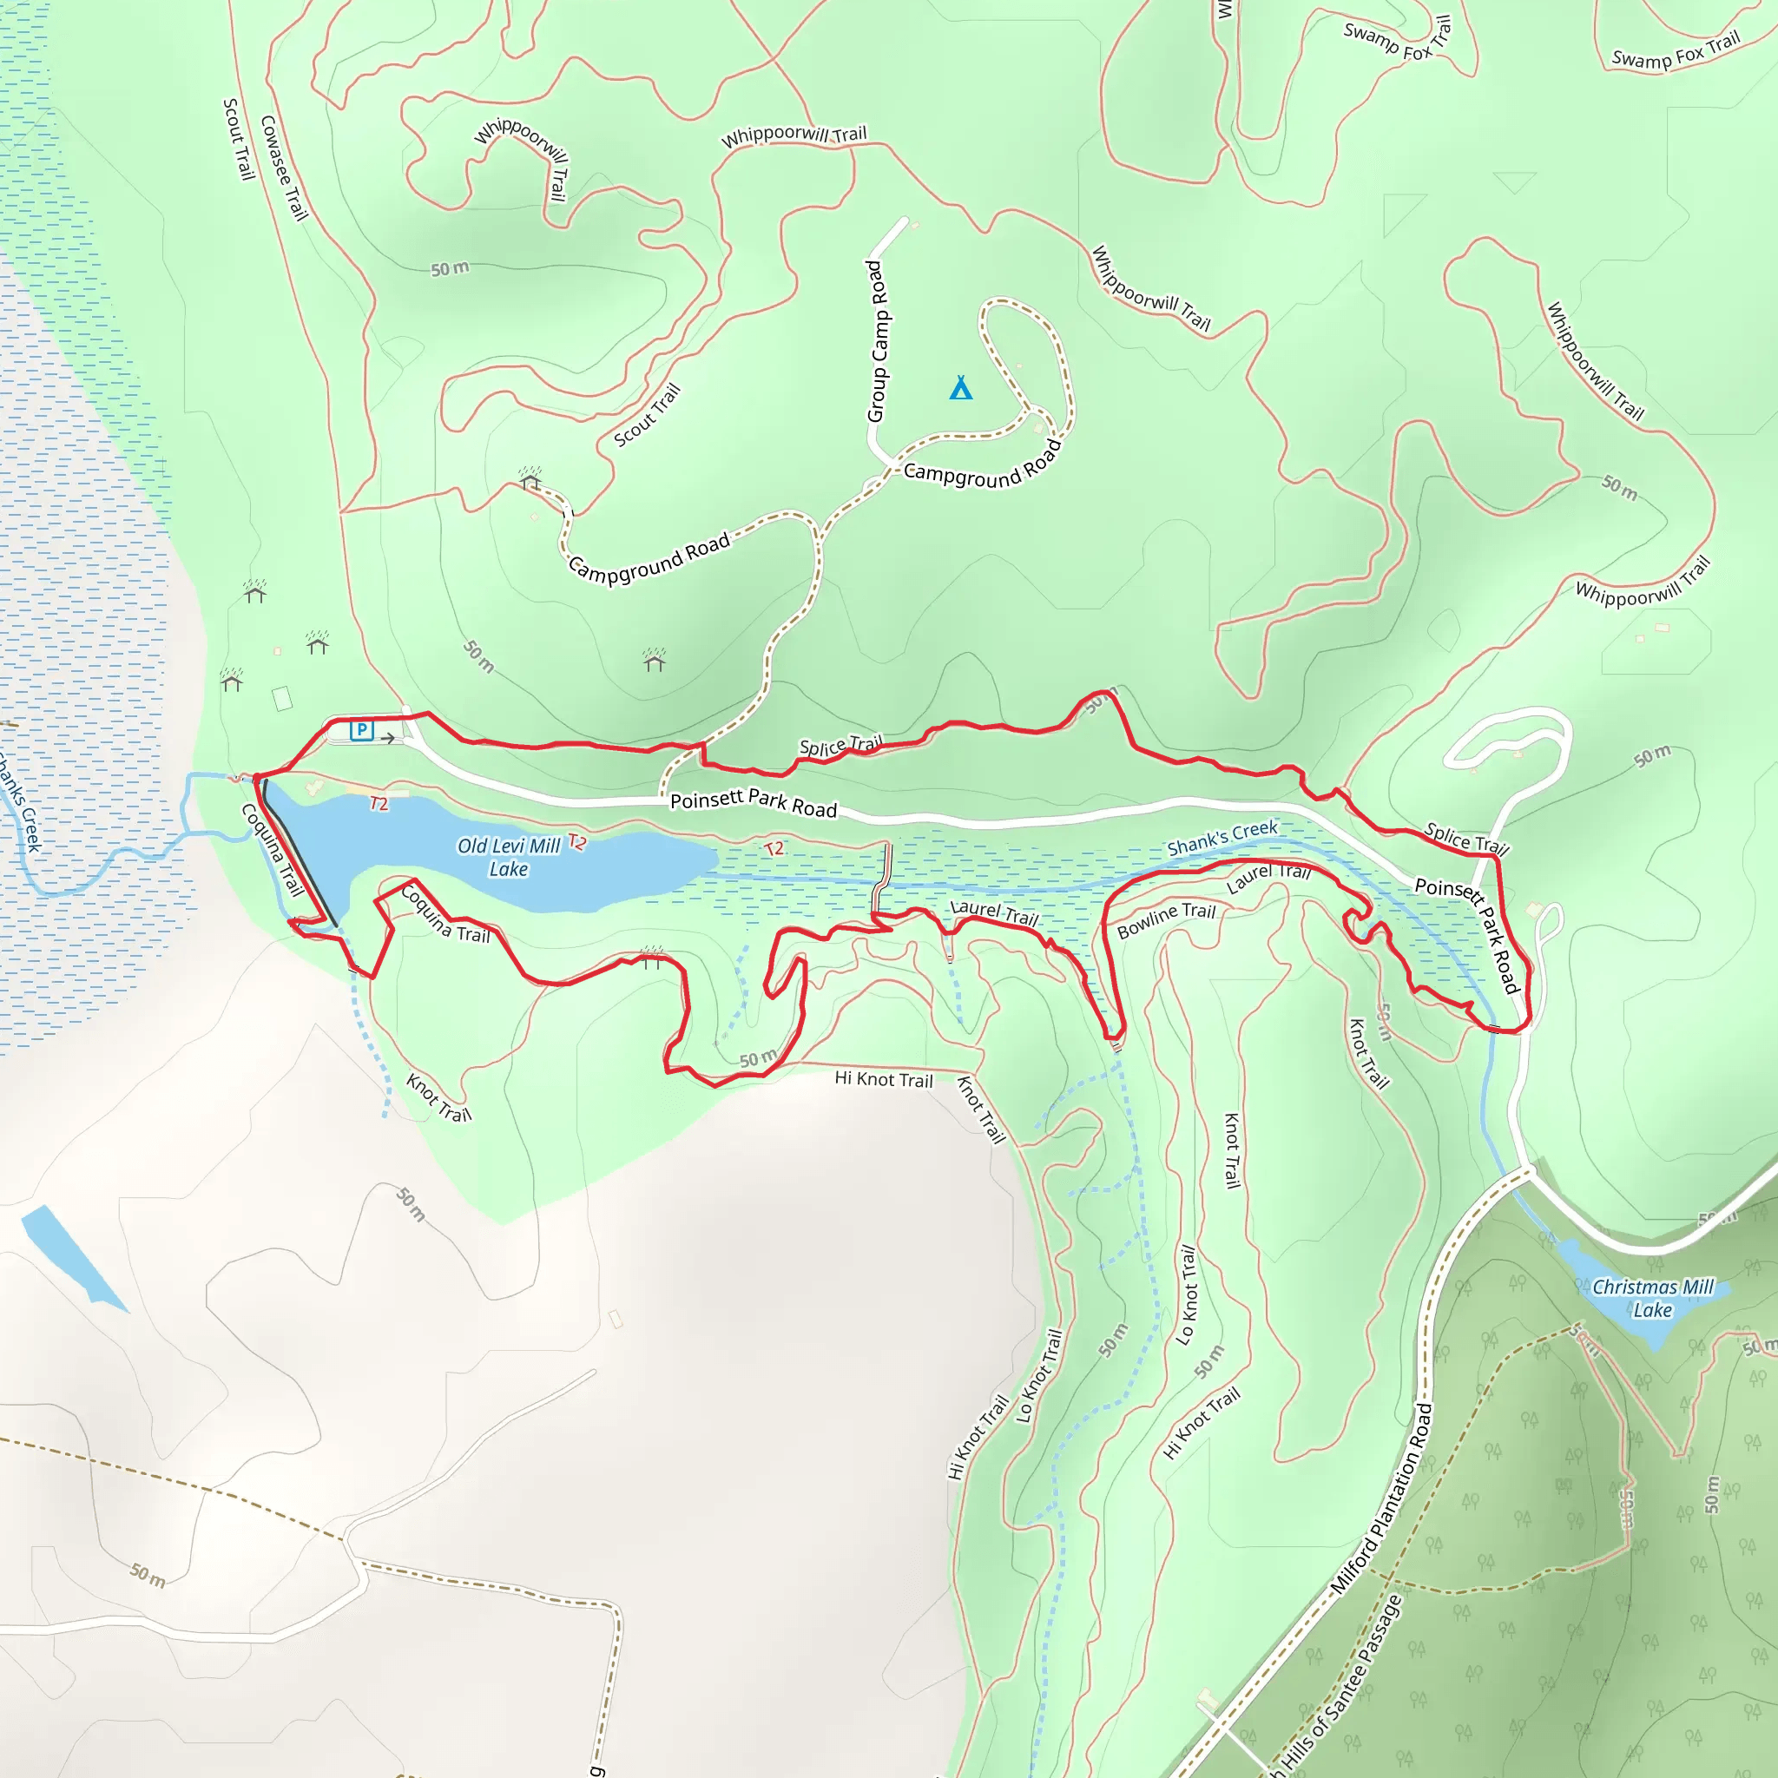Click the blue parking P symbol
coord(362,731)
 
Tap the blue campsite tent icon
coord(961,388)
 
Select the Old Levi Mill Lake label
coord(508,857)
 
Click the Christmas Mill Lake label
coord(1653,1299)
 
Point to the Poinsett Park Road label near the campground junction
coord(753,803)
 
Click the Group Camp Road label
coord(877,341)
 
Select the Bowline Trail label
coord(1166,920)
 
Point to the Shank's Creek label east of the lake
coord(1222,838)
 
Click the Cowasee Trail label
coord(283,168)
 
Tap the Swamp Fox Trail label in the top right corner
coord(1676,51)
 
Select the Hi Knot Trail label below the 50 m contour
coord(884,1078)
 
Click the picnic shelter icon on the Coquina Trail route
coord(652,958)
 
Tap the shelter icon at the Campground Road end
coord(530,479)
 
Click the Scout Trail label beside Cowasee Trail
coord(239,139)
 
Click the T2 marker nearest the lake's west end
coord(379,804)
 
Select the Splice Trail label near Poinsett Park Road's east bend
coord(1466,839)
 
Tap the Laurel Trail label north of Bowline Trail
coord(1268,878)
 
